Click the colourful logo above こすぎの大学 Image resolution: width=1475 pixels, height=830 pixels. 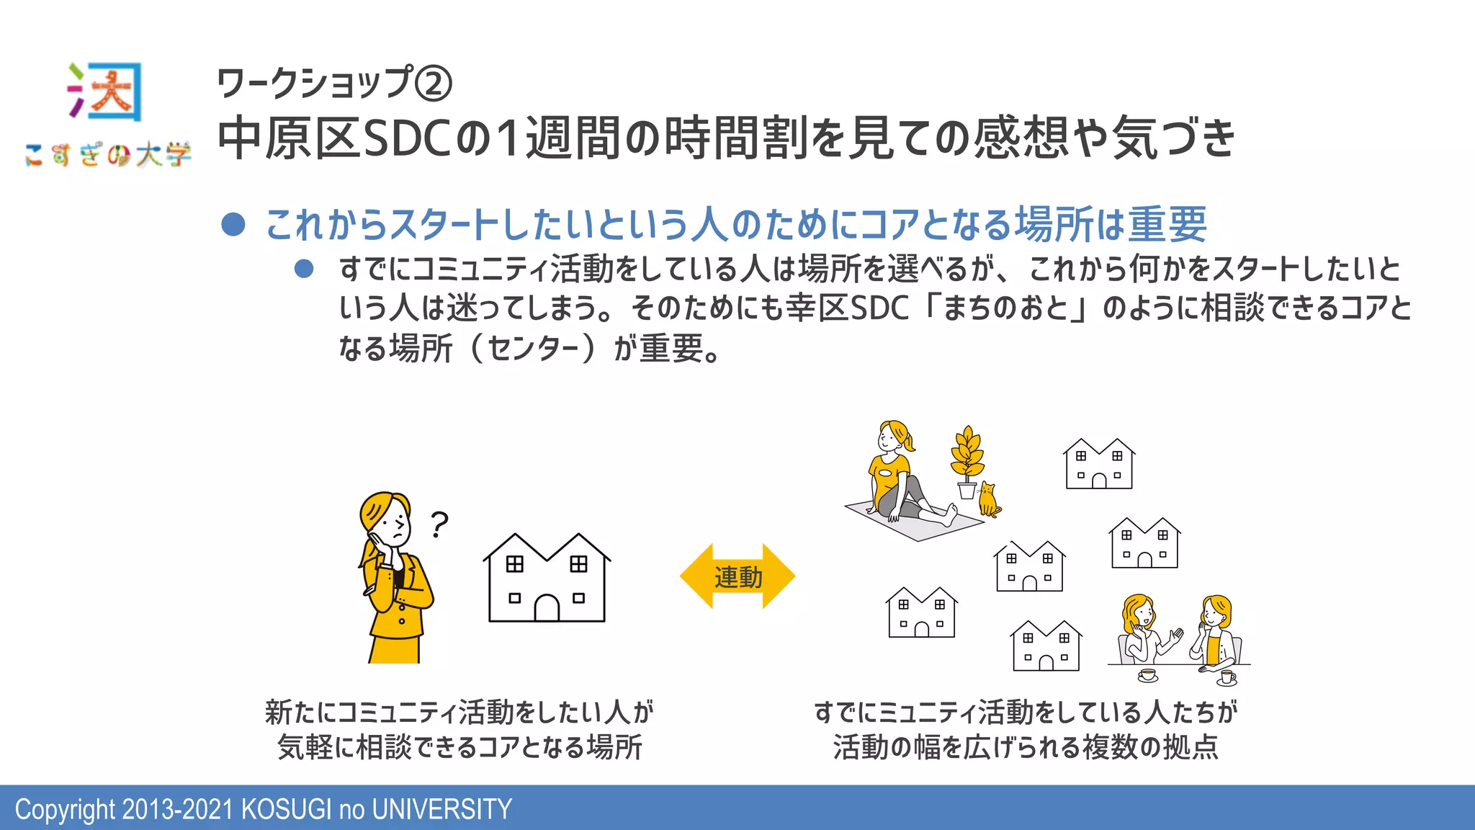[106, 92]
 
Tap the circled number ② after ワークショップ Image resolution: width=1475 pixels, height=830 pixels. [434, 84]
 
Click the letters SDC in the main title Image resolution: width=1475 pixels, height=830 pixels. [408, 138]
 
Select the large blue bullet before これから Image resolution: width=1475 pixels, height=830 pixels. [233, 224]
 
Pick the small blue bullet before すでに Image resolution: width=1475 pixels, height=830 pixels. [304, 269]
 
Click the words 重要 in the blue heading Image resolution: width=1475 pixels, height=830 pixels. [1167, 224]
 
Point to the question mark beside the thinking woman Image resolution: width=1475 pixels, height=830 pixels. [439, 524]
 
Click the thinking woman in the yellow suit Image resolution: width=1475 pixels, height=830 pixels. [393, 576]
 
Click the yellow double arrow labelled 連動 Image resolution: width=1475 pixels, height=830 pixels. [737, 576]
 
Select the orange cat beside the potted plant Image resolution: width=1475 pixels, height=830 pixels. [988, 500]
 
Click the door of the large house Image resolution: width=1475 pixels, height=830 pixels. [547, 608]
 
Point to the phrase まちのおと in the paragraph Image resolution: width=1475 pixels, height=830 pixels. [1005, 308]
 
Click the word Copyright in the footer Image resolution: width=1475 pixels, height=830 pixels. [65, 809]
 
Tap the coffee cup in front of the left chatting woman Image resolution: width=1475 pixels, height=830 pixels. [1147, 675]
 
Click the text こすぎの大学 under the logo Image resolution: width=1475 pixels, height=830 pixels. [108, 154]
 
